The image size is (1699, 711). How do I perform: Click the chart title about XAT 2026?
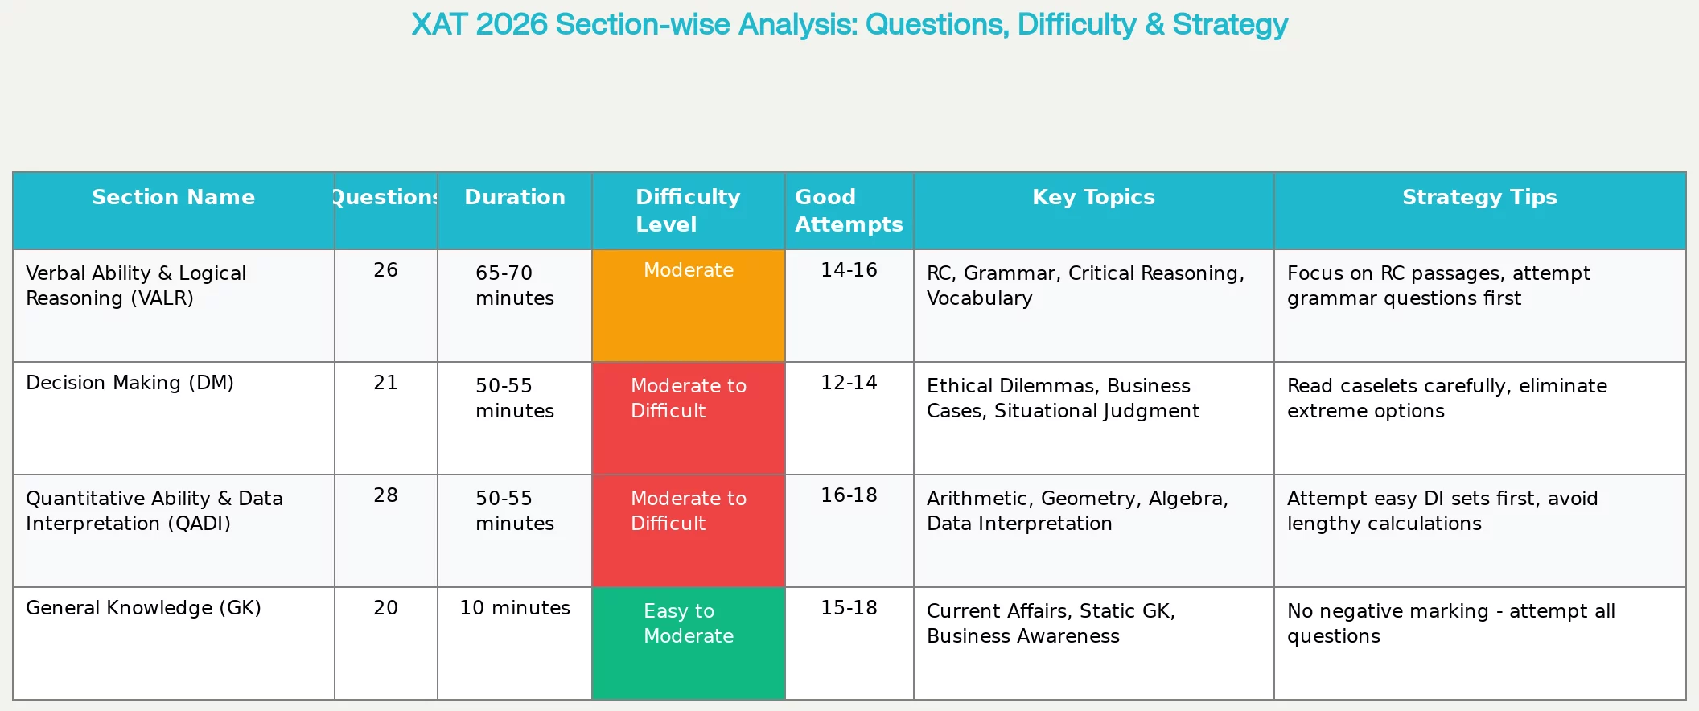[849, 24]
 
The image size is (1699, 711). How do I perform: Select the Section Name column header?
[174, 197]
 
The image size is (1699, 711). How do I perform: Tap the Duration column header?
[515, 197]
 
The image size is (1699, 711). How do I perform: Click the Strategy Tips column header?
[1479, 197]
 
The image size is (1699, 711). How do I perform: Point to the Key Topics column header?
[1093, 197]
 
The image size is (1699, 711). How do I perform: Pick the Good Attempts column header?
[849, 211]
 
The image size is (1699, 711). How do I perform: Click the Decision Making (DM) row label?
[130, 383]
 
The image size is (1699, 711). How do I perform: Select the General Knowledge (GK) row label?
[143, 608]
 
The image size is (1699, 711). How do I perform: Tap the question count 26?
[386, 270]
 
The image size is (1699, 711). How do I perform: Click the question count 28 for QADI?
[386, 495]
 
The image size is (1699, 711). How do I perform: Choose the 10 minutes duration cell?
[515, 608]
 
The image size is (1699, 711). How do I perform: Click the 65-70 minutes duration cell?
[515, 286]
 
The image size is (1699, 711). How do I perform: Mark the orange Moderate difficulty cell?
[689, 306]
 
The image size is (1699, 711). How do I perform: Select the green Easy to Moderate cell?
[689, 643]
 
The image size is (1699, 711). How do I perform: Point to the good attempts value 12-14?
[849, 383]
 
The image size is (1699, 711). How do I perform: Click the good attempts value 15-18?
[849, 608]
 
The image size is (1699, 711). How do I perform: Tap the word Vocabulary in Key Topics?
[979, 298]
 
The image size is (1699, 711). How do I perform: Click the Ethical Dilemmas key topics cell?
[1063, 398]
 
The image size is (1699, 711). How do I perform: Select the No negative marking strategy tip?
[1451, 623]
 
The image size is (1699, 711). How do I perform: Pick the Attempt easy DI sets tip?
[1442, 511]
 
